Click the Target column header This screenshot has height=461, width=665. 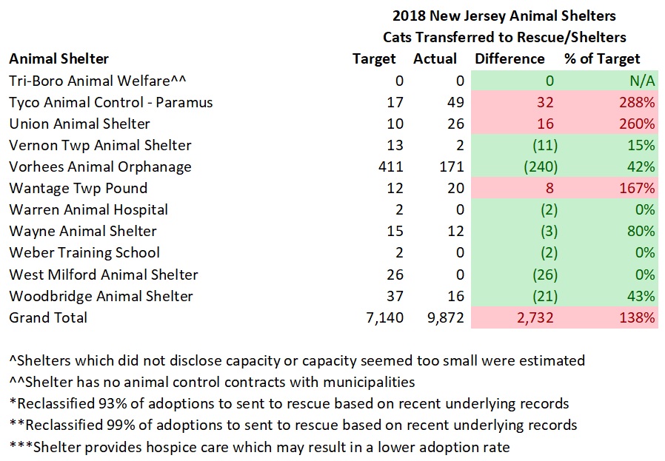pyautogui.click(x=375, y=59)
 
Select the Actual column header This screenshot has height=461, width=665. pyautogui.click(x=435, y=59)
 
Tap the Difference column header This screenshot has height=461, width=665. pyautogui.click(x=509, y=59)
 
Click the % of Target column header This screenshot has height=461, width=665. pyautogui.click(x=602, y=59)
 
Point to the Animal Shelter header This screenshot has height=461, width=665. pyautogui.click(x=59, y=59)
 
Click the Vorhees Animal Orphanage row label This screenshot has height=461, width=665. pyautogui.click(x=100, y=166)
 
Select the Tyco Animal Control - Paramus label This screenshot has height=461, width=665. pyautogui.click(x=111, y=102)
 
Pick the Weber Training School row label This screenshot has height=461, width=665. pyautogui.click(x=84, y=252)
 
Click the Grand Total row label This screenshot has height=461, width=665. pyautogui.click(x=48, y=317)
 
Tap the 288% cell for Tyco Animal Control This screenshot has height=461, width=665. pyautogui.click(x=638, y=102)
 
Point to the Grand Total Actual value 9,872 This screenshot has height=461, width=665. pyautogui.click(x=443, y=317)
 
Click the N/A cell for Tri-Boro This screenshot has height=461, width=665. pyautogui.click(x=641, y=81)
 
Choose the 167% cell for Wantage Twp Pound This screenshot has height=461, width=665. pyautogui.click(x=638, y=188)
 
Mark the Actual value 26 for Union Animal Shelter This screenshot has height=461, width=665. pyautogui.click(x=455, y=124)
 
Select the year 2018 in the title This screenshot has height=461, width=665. pyautogui.click(x=406, y=16)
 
